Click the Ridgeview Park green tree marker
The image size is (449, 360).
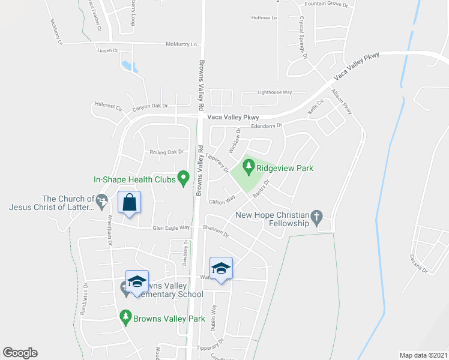(x=247, y=165)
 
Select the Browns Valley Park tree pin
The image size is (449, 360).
(x=125, y=315)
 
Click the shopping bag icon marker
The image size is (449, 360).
(x=129, y=203)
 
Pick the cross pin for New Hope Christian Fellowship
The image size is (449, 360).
(x=317, y=215)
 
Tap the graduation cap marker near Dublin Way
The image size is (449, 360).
(x=221, y=268)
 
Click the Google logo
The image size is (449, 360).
(x=20, y=353)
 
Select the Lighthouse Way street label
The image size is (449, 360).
(x=274, y=92)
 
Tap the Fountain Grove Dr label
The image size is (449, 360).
(x=327, y=4)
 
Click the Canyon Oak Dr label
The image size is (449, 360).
(x=150, y=106)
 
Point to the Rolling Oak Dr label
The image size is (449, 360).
(x=166, y=152)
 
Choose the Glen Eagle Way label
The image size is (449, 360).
(x=171, y=228)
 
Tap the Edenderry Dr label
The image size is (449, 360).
(x=267, y=126)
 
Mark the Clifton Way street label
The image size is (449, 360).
(x=221, y=201)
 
